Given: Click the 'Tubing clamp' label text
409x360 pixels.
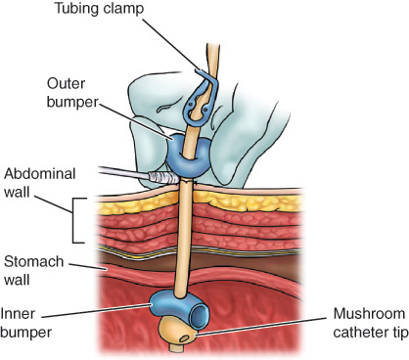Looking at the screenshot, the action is pos(99,9).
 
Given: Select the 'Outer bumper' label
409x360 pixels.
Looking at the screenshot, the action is pos(72,93).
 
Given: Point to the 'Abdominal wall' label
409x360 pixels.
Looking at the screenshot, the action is pos(39,183).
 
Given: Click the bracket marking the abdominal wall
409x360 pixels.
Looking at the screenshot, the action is pos(73,220).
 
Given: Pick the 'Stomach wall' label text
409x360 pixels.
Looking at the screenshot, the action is pos(33,271).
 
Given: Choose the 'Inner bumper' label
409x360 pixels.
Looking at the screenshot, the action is pos(26,323).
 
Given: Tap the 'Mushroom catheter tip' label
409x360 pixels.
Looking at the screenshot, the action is pos(371,323).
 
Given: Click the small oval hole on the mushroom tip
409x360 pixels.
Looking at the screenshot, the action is pos(184,338).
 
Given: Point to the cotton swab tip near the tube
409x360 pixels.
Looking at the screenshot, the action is pos(163,177).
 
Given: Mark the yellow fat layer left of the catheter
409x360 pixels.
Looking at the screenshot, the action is pos(137,202).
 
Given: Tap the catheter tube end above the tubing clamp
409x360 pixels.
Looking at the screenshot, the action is pos(213,46).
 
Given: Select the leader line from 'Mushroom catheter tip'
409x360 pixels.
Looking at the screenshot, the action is pos(261,326).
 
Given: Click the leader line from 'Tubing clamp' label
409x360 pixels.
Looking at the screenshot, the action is pos(170,43).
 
